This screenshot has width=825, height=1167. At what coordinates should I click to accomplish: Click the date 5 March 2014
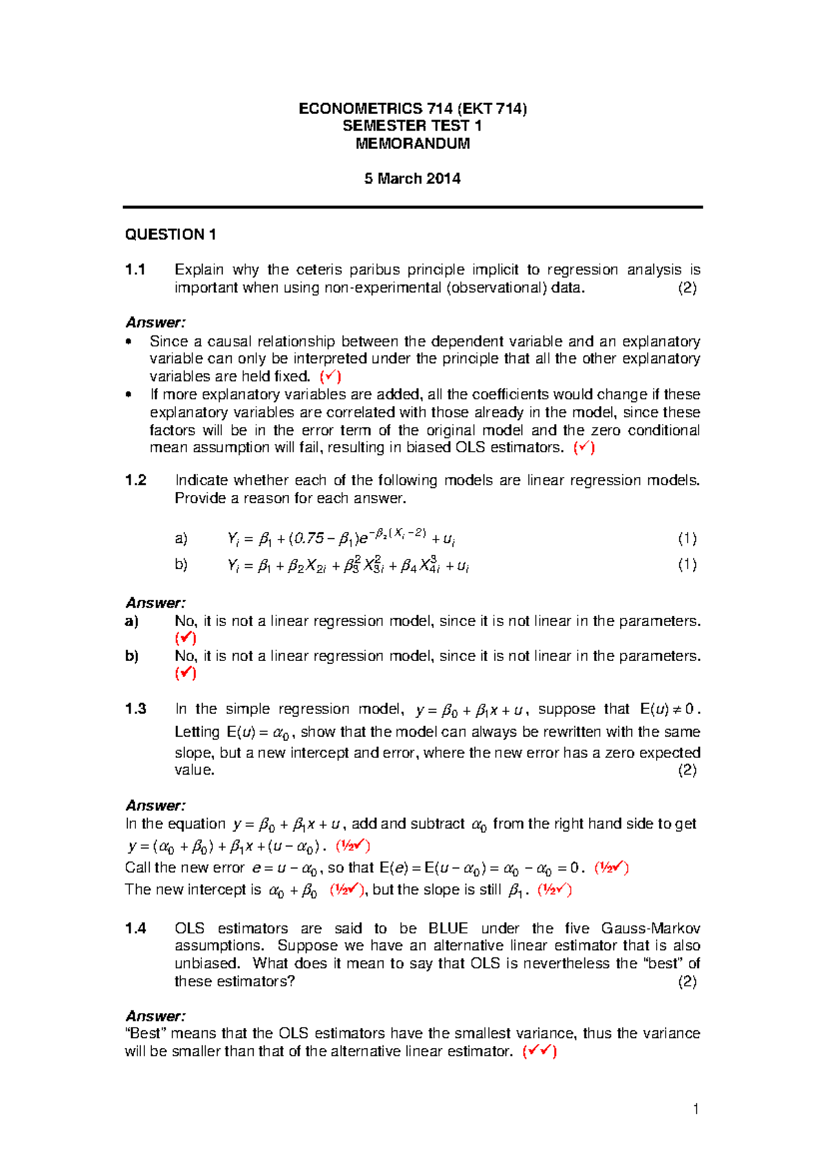412,179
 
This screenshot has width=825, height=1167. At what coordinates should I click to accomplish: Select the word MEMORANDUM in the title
412,144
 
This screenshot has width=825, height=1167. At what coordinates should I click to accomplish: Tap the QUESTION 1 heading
170,235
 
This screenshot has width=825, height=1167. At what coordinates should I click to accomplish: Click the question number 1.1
135,270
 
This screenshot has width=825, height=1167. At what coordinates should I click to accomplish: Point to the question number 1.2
135,480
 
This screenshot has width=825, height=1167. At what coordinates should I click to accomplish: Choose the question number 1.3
135,709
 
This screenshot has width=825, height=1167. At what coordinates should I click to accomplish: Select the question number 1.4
135,929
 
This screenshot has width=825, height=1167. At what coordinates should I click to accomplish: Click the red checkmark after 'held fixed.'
331,376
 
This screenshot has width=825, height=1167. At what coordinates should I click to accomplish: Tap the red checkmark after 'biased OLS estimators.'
584,447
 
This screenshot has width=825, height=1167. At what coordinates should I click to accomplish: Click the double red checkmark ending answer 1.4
540,1052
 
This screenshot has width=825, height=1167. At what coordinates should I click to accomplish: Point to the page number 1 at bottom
696,1109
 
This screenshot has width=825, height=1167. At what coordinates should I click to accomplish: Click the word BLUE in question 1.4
448,929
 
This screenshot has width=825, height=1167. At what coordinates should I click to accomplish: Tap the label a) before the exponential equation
181,538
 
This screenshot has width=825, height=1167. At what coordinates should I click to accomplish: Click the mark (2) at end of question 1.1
687,288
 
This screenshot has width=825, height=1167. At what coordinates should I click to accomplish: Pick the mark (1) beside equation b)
687,565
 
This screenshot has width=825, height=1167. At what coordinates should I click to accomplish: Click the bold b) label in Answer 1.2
132,656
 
